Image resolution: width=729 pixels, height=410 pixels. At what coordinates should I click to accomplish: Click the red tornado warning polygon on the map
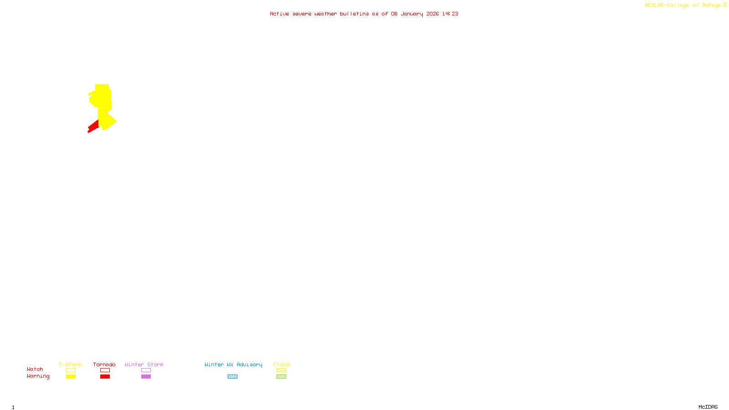[93, 127]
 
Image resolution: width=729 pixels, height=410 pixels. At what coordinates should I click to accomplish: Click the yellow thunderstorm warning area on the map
[104, 102]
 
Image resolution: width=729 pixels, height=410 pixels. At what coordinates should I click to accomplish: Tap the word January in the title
[411, 14]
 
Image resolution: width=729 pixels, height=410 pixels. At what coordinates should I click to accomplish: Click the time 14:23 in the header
[450, 14]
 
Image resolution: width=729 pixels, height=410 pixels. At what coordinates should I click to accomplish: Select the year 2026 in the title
[432, 14]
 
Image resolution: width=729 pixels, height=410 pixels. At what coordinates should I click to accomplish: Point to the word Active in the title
[279, 14]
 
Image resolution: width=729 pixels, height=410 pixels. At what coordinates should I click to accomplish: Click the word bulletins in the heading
[354, 14]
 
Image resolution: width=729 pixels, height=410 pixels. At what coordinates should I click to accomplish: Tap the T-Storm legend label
[70, 364]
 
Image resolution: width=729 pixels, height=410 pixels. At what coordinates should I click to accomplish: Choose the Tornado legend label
[104, 364]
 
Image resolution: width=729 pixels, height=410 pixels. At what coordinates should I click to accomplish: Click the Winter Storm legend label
[144, 364]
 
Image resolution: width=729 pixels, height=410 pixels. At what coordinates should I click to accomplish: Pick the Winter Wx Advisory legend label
[233, 364]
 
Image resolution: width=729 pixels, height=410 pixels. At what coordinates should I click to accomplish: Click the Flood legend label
[281, 364]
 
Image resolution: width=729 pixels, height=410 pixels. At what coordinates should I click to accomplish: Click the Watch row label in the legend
[35, 369]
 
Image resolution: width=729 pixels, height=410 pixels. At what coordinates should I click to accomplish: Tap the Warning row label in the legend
[38, 376]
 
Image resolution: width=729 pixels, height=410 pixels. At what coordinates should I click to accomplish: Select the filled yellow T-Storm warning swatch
[71, 377]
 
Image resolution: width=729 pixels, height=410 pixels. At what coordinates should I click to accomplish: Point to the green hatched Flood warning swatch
[281, 377]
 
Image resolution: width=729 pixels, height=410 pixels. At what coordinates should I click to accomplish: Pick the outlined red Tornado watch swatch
[105, 370]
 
